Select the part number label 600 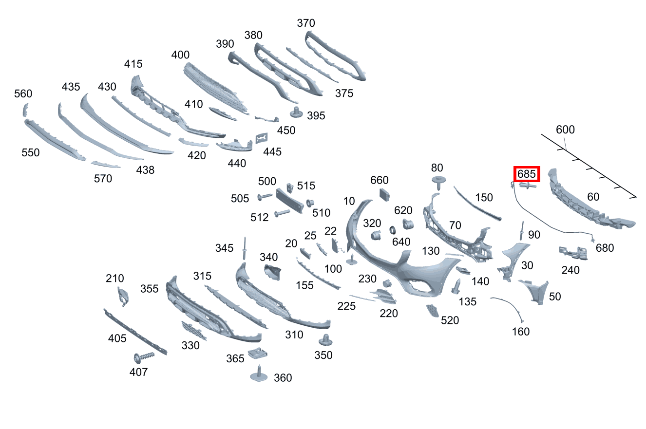click(565, 130)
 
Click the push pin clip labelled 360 click(259, 374)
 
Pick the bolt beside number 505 click(266, 197)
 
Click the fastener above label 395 click(295, 112)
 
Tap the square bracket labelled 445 click(262, 138)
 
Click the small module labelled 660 click(384, 194)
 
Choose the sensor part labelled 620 click(408, 224)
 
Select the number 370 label click(305, 23)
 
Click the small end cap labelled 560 click(25, 110)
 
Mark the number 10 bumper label click(349, 201)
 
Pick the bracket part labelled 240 click(572, 253)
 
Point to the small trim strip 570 click(105, 164)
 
